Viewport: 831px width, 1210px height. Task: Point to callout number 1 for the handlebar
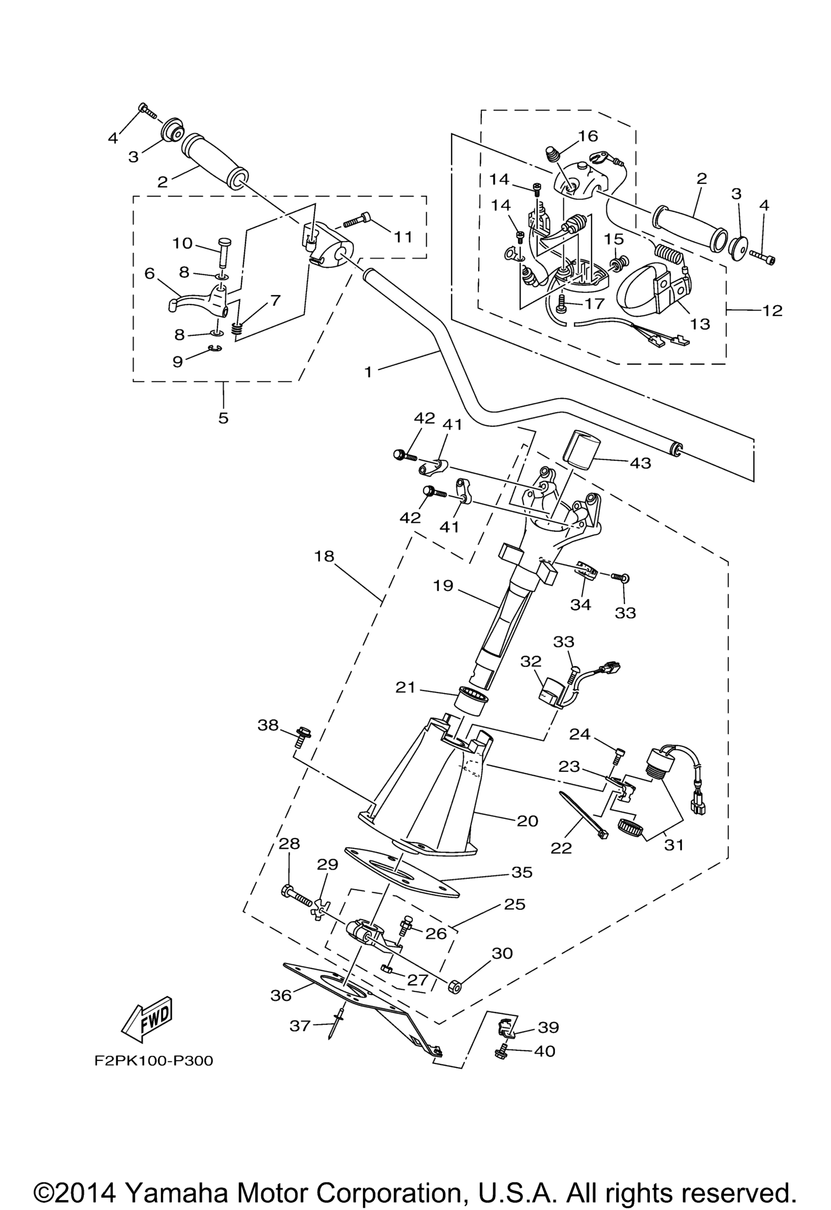pyautogui.click(x=368, y=373)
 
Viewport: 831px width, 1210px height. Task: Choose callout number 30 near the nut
pyautogui.click(x=502, y=953)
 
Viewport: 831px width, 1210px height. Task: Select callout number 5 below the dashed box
pyautogui.click(x=224, y=418)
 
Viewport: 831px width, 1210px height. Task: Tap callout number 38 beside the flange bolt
pyautogui.click(x=268, y=725)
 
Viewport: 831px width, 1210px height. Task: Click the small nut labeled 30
pyautogui.click(x=453, y=986)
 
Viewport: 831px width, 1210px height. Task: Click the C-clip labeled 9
pyautogui.click(x=215, y=348)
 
